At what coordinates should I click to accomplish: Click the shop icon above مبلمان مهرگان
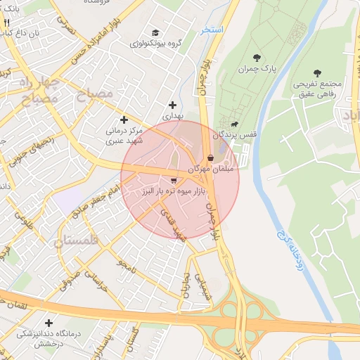211,158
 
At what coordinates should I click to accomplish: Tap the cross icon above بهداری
172,105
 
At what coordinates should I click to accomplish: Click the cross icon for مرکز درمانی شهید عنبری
124,120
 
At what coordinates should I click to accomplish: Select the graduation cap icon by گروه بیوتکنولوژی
155,32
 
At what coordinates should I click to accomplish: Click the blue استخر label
211,30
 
